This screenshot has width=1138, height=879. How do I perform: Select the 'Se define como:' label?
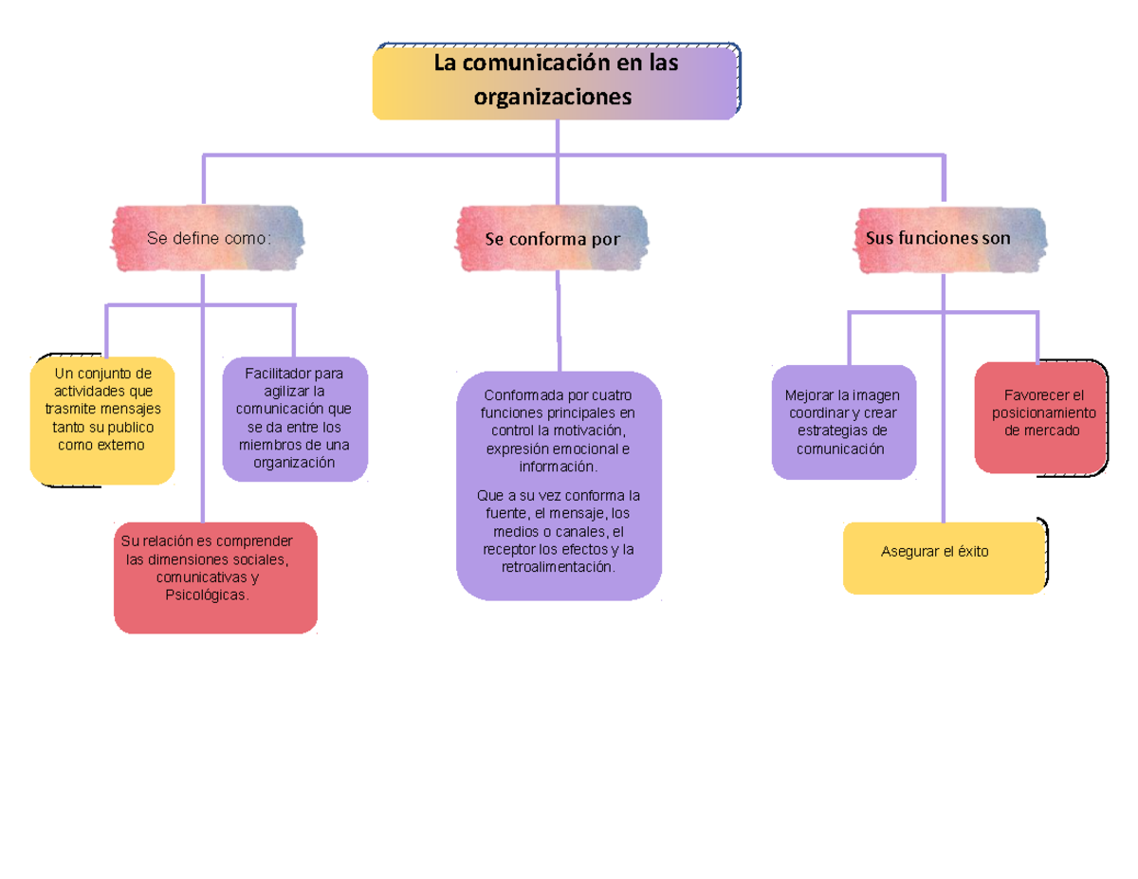click(x=209, y=238)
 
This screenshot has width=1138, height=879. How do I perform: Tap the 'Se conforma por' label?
click(x=552, y=239)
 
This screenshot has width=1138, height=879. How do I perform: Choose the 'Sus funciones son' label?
click(x=938, y=238)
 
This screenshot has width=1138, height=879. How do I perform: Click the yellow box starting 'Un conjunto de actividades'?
click(x=102, y=419)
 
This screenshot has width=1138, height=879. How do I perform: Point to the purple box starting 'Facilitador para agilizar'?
click(x=294, y=418)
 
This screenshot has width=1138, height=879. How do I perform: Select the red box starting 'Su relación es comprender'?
click(x=215, y=577)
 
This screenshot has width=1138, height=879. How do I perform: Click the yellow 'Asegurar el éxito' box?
click(x=944, y=558)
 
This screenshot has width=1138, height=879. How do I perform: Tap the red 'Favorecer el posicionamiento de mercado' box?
click(x=1041, y=418)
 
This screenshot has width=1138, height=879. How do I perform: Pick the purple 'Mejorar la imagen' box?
click(x=843, y=422)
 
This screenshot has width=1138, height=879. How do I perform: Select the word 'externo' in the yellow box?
click(x=120, y=445)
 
